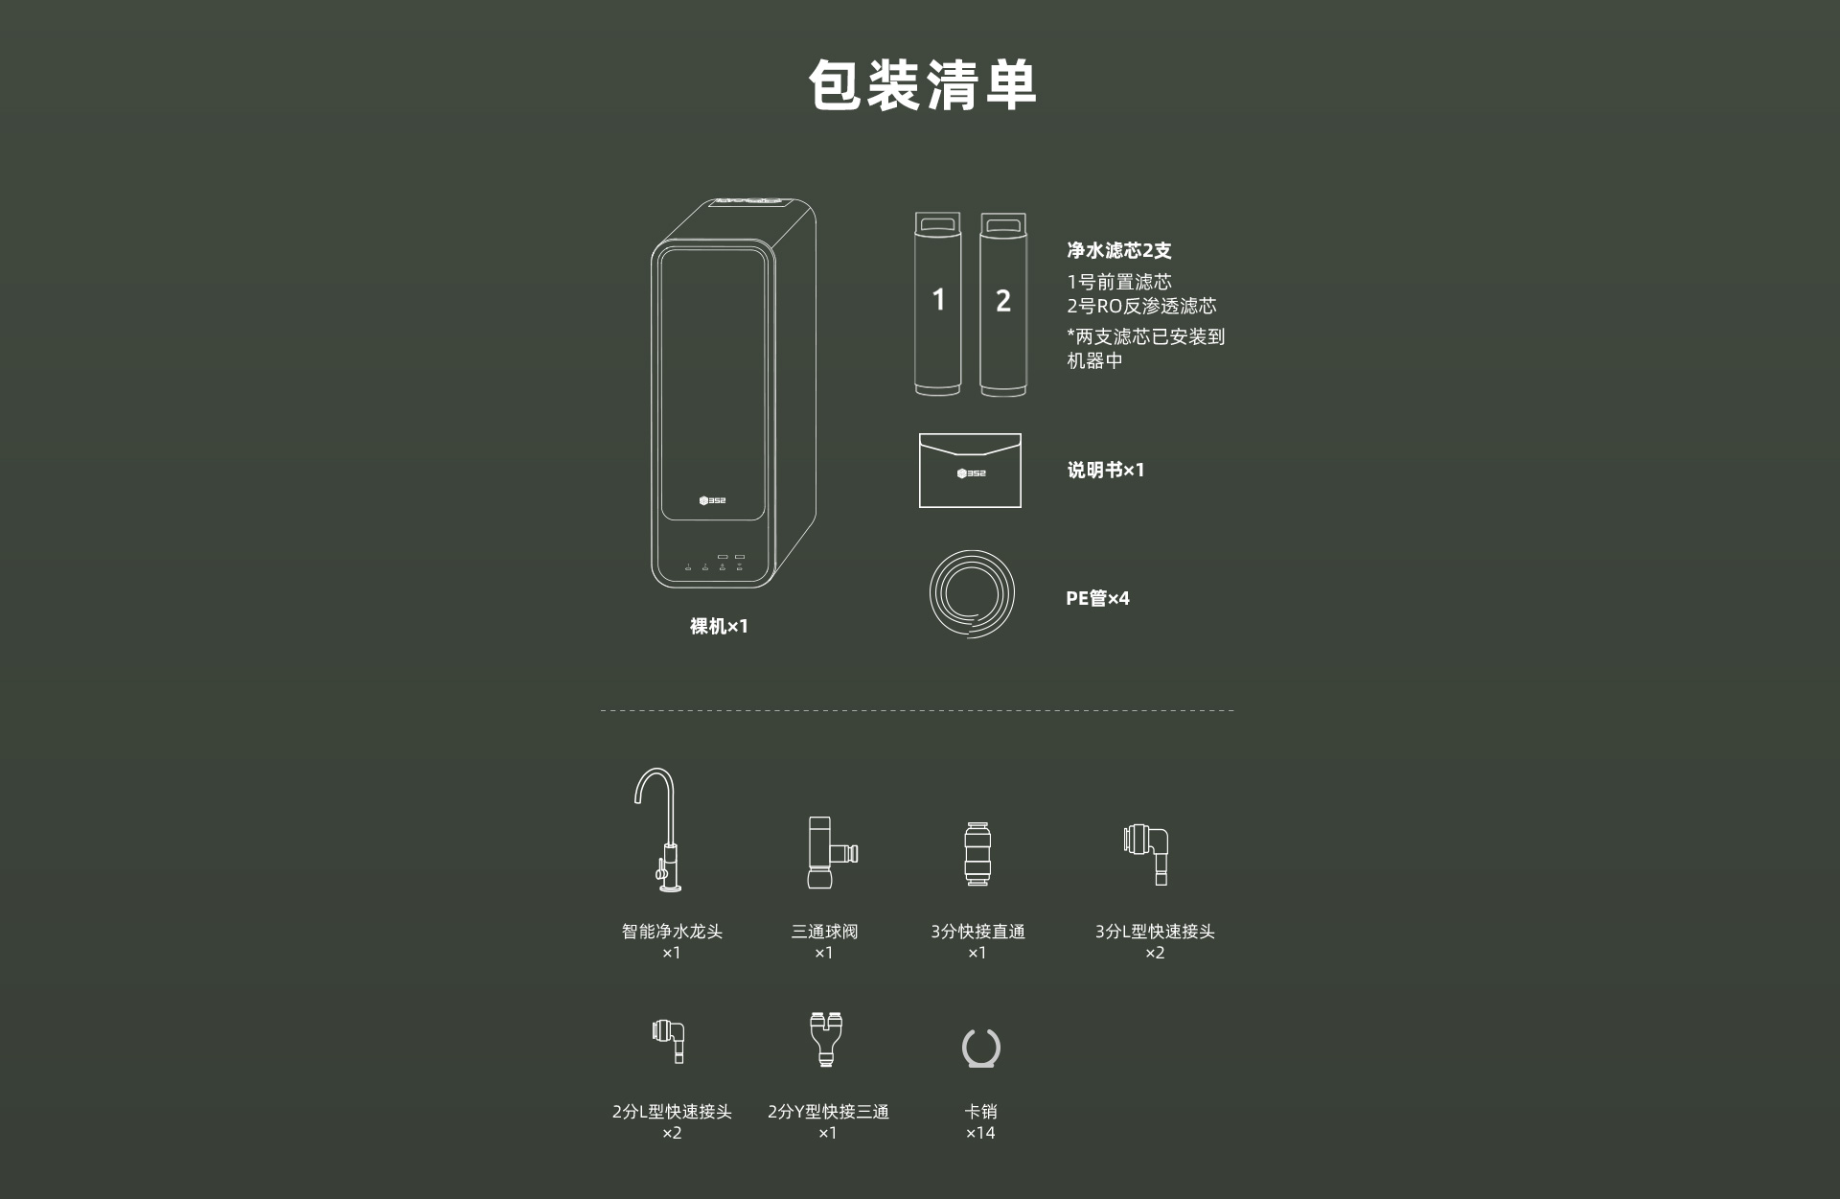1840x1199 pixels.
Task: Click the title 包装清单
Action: tap(922, 84)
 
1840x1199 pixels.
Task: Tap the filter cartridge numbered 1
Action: tap(937, 304)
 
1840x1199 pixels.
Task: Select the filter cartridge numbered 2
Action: tap(1002, 304)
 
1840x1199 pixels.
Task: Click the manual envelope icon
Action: tap(970, 471)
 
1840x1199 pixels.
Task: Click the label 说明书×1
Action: tap(1106, 470)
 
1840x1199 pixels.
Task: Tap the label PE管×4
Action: tap(1097, 598)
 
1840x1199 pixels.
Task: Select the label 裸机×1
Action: tap(719, 626)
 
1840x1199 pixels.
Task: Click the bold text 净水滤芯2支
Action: tap(1119, 250)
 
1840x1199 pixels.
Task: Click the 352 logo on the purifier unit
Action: tap(712, 500)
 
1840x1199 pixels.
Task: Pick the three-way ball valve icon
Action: tap(830, 852)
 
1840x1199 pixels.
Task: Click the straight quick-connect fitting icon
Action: tap(977, 853)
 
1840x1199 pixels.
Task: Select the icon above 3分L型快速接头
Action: tap(1146, 853)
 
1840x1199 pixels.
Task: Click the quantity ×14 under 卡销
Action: tap(980, 1133)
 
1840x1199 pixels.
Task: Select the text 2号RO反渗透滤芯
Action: tap(1141, 306)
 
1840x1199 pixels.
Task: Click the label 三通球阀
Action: tap(824, 932)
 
